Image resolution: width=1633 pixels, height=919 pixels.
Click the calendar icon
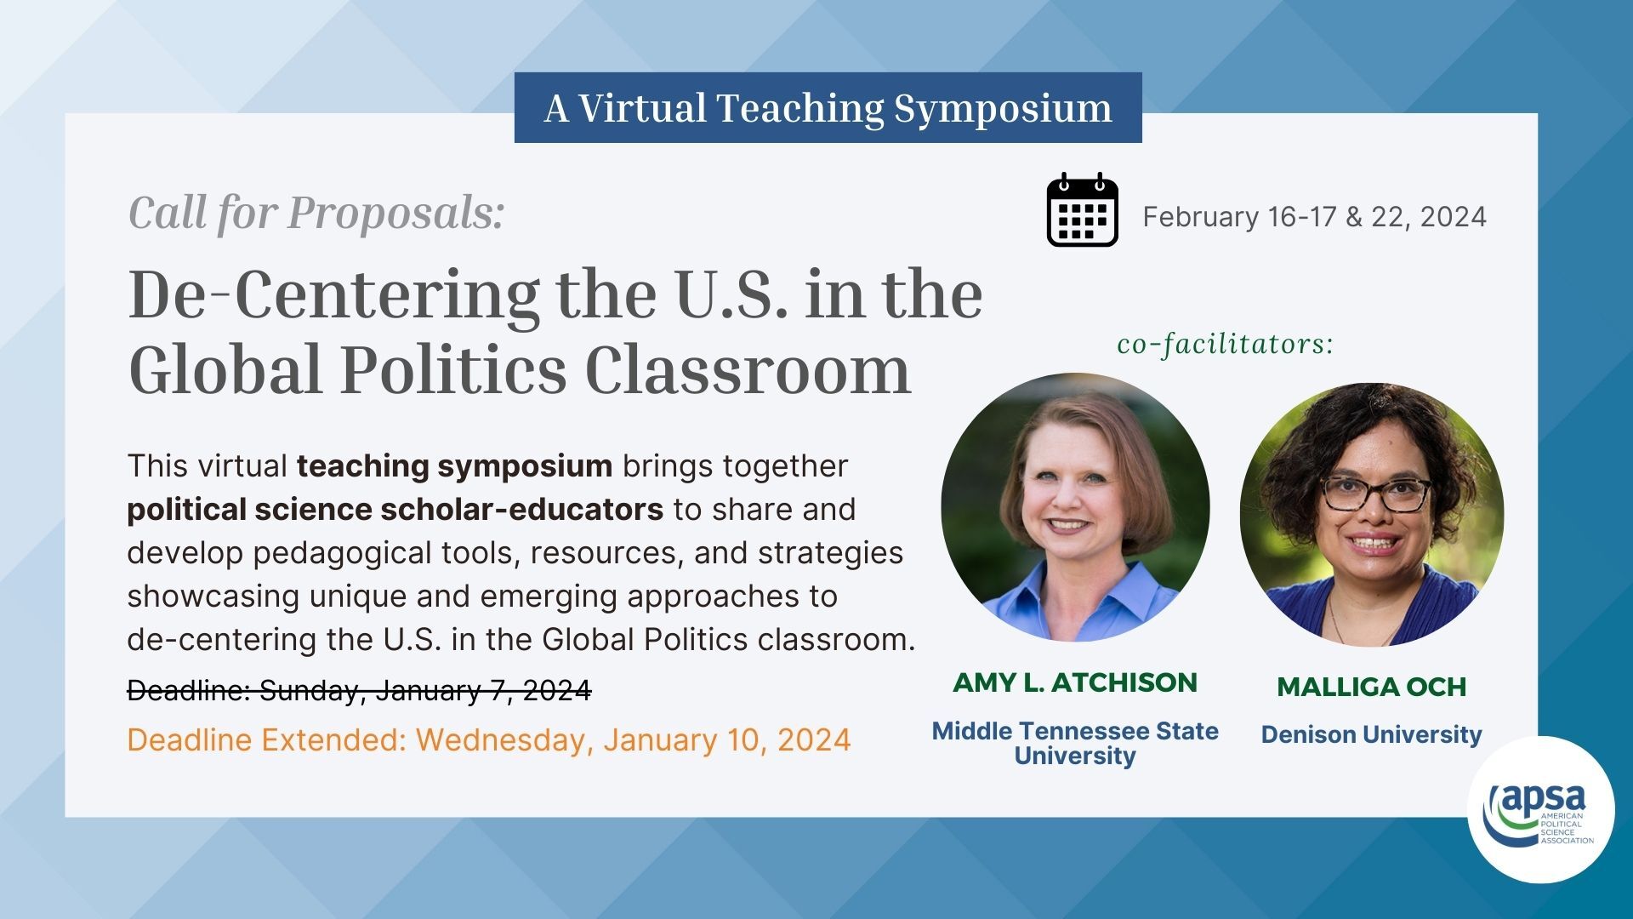point(1082,209)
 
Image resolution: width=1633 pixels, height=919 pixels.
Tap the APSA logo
point(1541,809)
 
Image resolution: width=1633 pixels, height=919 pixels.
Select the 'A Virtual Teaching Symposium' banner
point(828,107)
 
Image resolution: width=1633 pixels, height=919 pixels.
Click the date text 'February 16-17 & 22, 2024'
point(1314,216)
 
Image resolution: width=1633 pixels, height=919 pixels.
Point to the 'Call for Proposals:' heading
point(316,212)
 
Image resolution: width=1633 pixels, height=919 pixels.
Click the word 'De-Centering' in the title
point(333,295)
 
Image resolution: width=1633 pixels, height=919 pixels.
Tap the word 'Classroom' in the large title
point(748,370)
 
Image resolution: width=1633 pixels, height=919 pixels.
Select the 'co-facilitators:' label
point(1226,344)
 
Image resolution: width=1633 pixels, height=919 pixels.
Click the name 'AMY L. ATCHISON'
point(1075,682)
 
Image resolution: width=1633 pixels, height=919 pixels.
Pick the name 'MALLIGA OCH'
point(1372,687)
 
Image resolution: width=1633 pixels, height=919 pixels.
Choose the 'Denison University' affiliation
point(1372,734)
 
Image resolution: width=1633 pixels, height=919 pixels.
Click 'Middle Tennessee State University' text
point(1075,743)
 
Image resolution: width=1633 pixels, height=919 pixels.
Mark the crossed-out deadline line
point(359,690)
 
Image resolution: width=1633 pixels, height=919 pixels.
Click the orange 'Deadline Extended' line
point(489,739)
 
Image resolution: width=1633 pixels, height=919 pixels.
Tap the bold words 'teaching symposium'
point(454,466)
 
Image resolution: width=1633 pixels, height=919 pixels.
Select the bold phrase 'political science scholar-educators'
point(395,509)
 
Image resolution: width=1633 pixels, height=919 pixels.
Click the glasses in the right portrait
point(1376,494)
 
